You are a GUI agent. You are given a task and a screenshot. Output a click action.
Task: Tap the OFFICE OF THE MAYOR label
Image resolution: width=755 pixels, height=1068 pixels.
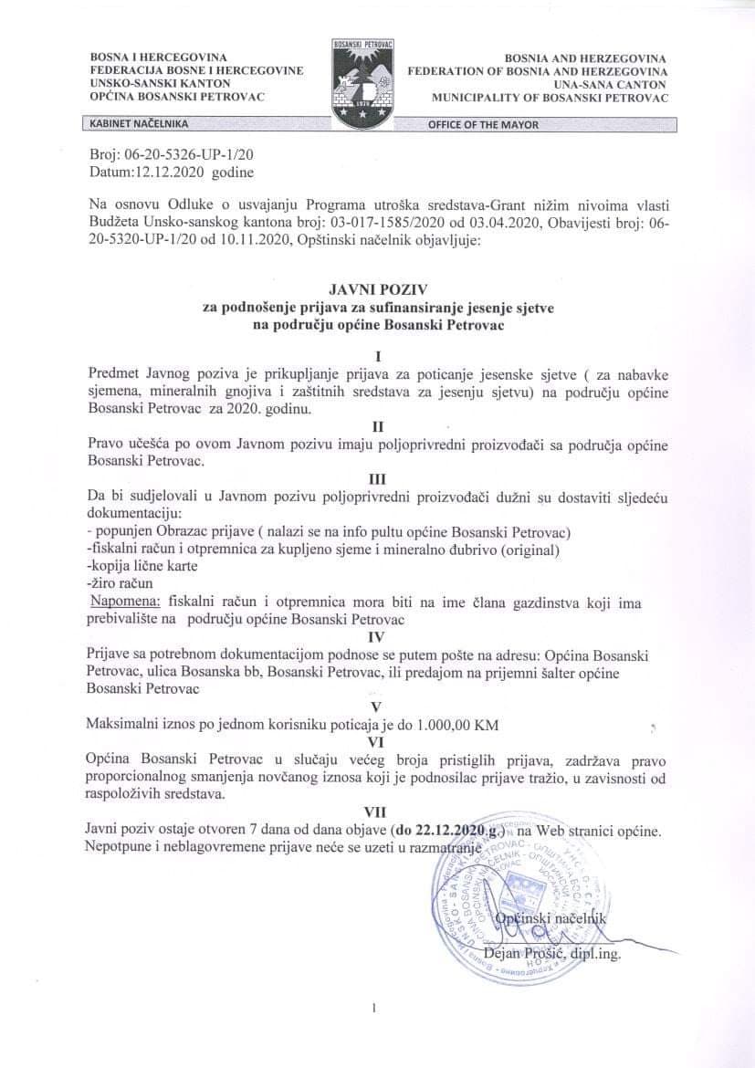coord(483,125)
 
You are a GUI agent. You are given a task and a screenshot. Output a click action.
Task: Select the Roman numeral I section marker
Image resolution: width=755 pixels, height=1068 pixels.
coord(378,356)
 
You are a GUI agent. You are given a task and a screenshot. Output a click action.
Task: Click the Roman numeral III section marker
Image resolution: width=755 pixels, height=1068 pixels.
coord(377,477)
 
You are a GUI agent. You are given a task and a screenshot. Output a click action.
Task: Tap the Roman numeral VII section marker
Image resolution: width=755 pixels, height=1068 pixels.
coord(376,811)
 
